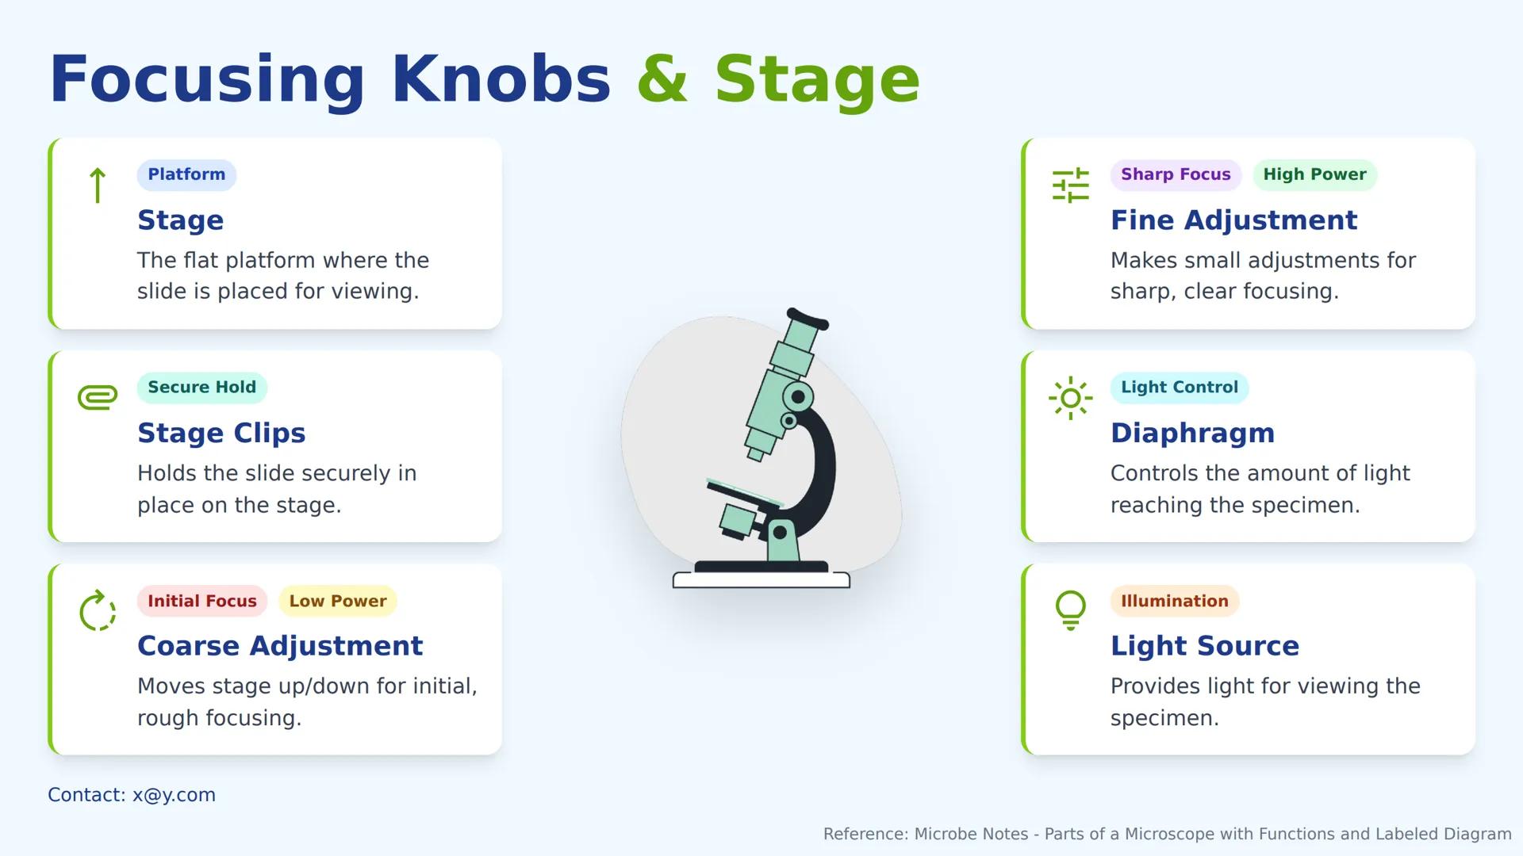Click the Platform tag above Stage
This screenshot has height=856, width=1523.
coord(186,174)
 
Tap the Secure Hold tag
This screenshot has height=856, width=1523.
coord(202,388)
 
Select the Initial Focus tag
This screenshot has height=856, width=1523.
coord(202,601)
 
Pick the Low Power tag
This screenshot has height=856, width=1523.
coord(338,601)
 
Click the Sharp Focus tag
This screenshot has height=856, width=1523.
coord(1176,174)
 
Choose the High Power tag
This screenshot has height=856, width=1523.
coord(1314,174)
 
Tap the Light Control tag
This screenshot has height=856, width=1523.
coord(1180,388)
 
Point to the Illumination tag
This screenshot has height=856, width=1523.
coord(1175,601)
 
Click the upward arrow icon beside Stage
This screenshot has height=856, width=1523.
coord(98,185)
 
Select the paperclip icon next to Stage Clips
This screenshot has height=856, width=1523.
coord(98,396)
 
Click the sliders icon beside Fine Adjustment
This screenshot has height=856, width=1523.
coord(1071,185)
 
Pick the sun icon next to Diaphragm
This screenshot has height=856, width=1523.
coord(1071,398)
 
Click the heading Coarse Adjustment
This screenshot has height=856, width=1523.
coord(280,646)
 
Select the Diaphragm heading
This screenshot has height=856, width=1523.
coord(1192,433)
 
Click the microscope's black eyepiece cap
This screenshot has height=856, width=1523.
coord(808,318)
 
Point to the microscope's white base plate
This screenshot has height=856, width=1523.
coord(761,580)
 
